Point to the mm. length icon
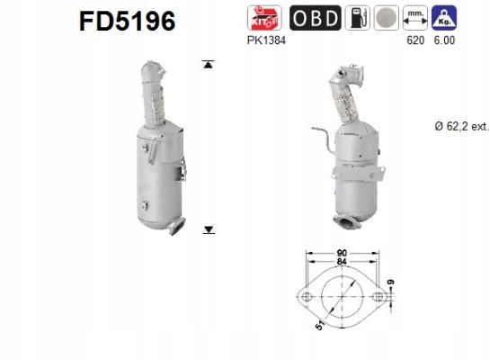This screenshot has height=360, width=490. tap(415, 18)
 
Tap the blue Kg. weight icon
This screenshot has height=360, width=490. tap(443, 18)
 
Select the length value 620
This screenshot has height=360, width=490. tap(414, 40)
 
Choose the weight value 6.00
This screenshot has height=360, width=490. tap(443, 40)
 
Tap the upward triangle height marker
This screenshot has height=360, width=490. tap(209, 65)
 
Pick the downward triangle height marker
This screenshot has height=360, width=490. tap(209, 230)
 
